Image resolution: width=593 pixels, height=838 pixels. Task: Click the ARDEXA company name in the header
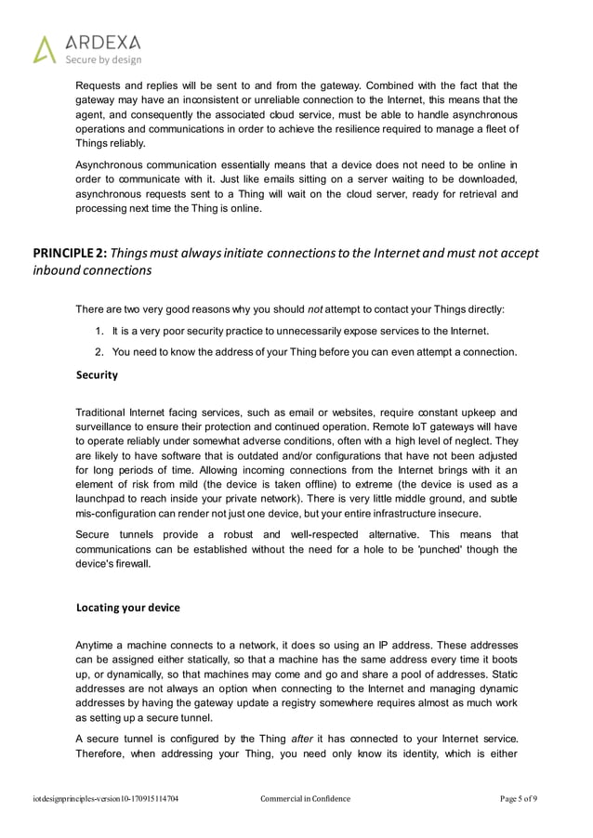click(x=103, y=42)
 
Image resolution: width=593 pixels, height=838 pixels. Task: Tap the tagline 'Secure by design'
click(x=102, y=59)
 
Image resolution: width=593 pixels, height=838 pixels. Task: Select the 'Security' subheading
click(x=97, y=374)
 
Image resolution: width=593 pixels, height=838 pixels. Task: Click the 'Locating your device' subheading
click(x=127, y=608)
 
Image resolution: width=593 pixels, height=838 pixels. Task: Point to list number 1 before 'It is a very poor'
click(x=99, y=332)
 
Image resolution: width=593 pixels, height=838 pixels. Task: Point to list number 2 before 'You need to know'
click(x=99, y=352)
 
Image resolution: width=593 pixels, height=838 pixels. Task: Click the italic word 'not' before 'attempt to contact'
click(x=314, y=308)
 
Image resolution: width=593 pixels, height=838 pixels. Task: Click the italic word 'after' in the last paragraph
click(x=303, y=739)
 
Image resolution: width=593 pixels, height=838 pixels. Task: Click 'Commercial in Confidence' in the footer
click(x=305, y=798)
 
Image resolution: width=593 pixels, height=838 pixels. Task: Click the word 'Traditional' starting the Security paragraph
click(x=101, y=412)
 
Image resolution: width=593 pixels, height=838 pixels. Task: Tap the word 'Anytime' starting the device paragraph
click(x=97, y=646)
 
